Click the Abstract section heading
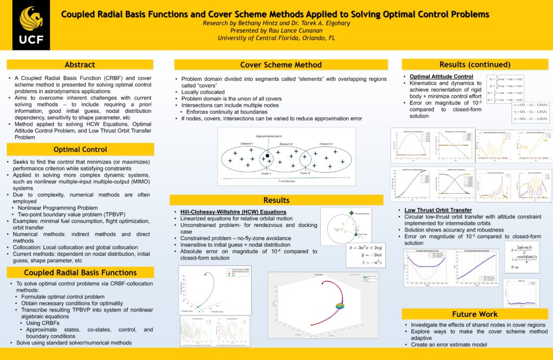[x=80, y=64]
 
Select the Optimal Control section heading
[x=80, y=149]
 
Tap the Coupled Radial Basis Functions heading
[x=80, y=273]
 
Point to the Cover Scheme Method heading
[x=281, y=64]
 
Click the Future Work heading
[x=475, y=314]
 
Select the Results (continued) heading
[x=475, y=64]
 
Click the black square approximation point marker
[x=267, y=156]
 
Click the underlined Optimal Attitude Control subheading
[x=442, y=77]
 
